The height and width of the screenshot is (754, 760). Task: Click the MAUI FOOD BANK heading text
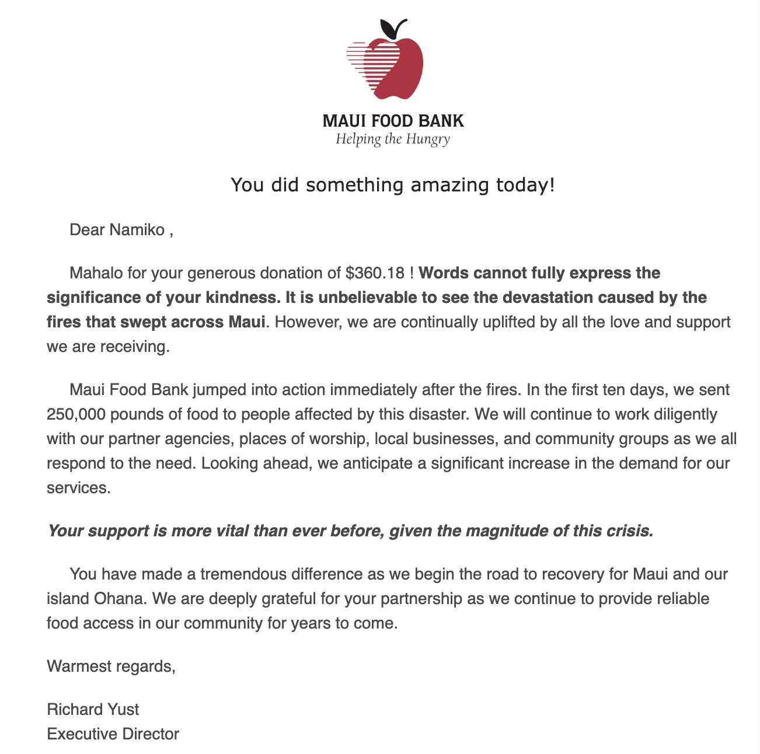(393, 121)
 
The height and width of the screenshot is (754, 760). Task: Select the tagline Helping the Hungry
(393, 139)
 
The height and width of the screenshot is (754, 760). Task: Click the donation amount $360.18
(375, 273)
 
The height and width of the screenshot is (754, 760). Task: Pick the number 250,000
(76, 414)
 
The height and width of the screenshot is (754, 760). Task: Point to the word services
(78, 487)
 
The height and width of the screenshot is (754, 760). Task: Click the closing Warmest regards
(111, 666)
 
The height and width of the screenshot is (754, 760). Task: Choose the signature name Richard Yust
(93, 709)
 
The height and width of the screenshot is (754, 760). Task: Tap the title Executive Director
(113, 734)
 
